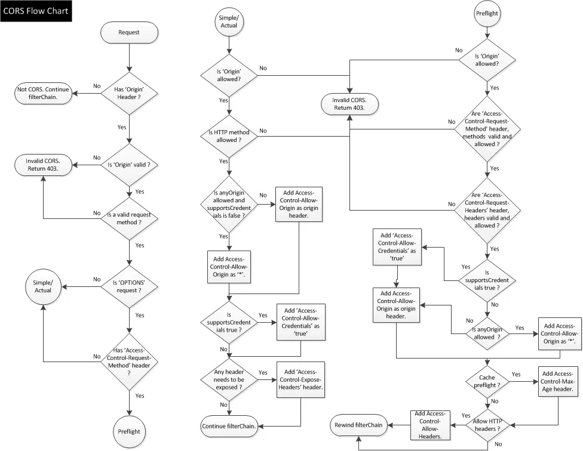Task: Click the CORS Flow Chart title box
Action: pos(36,11)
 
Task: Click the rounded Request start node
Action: pos(129,32)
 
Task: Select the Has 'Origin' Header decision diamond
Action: pos(130,93)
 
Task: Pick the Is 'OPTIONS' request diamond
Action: pos(130,291)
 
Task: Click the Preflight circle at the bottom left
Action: pos(130,430)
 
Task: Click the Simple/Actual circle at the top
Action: pos(229,23)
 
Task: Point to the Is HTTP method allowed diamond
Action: pos(229,135)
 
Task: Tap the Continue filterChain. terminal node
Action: pos(229,426)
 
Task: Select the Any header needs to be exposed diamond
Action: pos(229,379)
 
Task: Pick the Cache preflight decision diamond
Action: pos(487,381)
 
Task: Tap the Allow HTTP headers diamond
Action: pos(487,426)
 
